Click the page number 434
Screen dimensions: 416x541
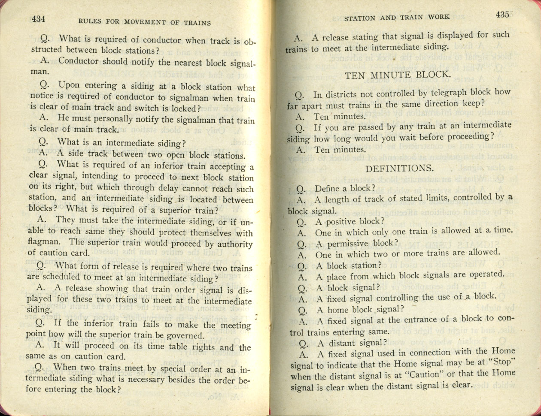point(39,19)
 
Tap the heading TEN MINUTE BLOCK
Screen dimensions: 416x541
point(398,75)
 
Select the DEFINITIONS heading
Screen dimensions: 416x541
point(399,168)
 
